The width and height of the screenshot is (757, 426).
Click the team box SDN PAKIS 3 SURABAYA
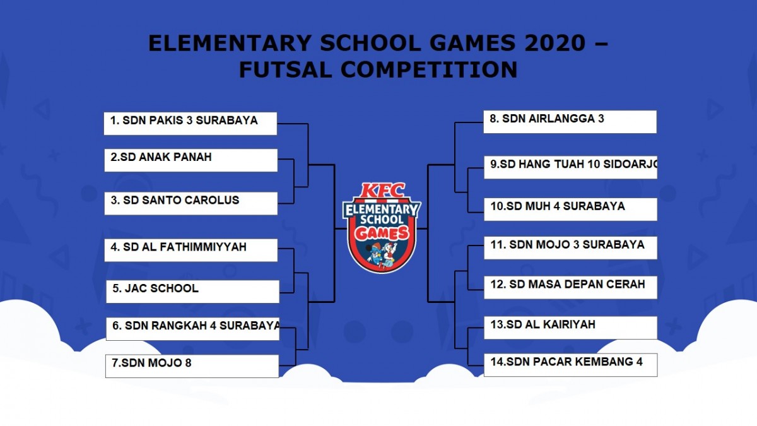(x=191, y=124)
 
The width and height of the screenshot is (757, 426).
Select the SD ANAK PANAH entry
(x=191, y=160)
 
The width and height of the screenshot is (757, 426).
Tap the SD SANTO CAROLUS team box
(x=191, y=203)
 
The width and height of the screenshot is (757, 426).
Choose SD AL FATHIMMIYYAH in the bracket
(x=191, y=250)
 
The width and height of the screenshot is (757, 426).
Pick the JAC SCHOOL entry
(x=192, y=292)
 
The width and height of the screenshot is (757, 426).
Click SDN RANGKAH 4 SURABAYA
(x=192, y=329)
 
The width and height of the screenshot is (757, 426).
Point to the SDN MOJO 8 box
(x=192, y=366)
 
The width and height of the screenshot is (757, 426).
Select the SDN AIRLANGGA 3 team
(x=570, y=122)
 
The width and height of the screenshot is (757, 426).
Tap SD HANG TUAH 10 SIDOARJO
(x=570, y=167)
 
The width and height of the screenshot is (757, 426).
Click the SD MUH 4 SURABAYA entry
(x=570, y=210)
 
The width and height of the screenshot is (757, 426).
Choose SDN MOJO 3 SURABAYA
(x=570, y=248)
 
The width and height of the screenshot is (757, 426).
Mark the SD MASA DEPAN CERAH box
(x=570, y=287)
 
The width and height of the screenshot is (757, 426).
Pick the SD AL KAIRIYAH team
(x=570, y=328)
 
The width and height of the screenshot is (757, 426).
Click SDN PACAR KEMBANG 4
(x=570, y=365)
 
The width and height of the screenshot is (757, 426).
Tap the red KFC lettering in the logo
(x=382, y=191)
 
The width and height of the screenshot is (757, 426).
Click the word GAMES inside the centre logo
(x=382, y=234)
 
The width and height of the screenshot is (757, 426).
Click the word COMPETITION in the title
(x=429, y=69)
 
